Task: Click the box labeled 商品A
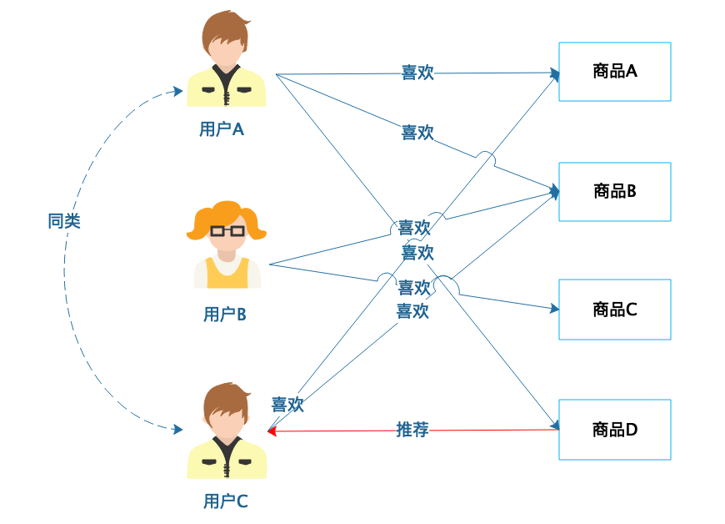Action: [x=614, y=72]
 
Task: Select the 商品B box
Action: [x=614, y=191]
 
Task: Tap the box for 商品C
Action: [x=614, y=310]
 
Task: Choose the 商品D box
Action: [x=614, y=430]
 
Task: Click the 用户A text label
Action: [x=222, y=130]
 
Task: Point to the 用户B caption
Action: [x=224, y=315]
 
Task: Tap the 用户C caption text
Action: [x=225, y=501]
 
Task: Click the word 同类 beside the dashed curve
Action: [x=64, y=221]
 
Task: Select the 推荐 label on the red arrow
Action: [x=412, y=430]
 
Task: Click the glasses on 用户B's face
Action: [x=227, y=230]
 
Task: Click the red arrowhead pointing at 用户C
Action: [x=272, y=431]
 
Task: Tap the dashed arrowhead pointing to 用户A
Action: [x=177, y=91]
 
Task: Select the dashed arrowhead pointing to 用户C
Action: [x=177, y=430]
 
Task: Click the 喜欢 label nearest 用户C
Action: [x=287, y=405]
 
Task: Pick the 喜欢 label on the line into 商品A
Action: [x=417, y=73]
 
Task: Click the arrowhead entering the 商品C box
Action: [x=554, y=309]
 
